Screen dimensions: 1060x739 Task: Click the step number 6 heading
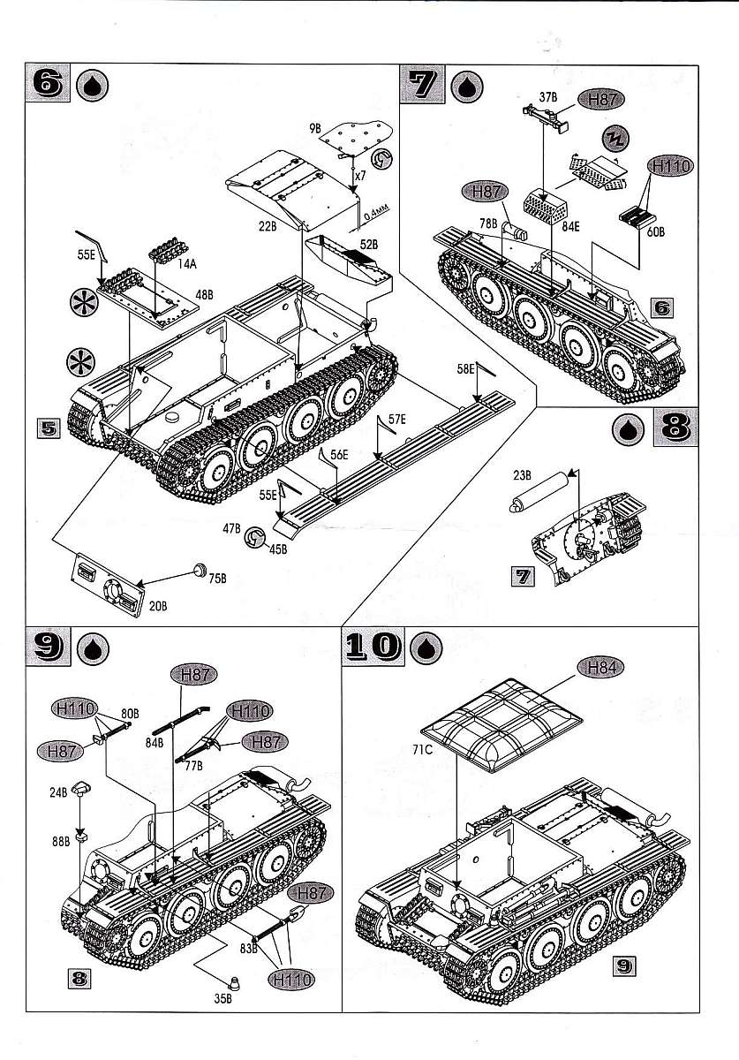click(50, 87)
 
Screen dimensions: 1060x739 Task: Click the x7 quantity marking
click(359, 176)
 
